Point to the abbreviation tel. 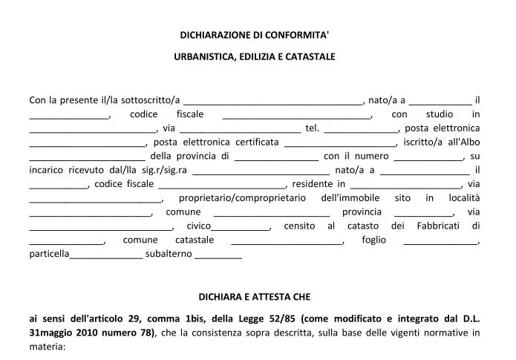(312, 128)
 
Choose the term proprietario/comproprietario (242, 198)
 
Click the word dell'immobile (350, 198)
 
